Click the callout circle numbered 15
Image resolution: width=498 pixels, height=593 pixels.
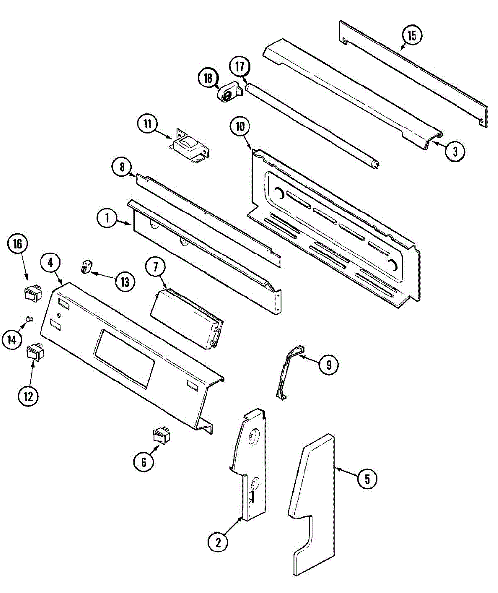412,36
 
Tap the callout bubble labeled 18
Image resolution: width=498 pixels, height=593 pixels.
208,78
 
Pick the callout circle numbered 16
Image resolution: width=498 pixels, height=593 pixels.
18,245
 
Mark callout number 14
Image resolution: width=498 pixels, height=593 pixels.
12,339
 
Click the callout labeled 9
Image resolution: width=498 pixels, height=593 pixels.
329,365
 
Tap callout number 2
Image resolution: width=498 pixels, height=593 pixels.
218,542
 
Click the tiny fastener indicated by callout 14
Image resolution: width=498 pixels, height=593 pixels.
29,319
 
